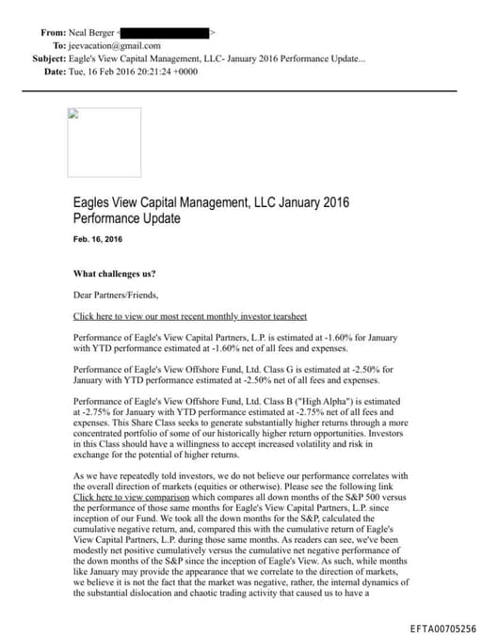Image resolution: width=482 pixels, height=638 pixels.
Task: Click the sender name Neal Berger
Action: coord(92,32)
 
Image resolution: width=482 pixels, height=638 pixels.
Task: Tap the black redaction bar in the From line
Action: coord(166,32)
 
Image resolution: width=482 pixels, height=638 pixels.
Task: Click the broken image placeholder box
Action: coord(104,142)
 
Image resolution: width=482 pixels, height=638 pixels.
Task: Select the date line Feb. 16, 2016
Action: coord(97,240)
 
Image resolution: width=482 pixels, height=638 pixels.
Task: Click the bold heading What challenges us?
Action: coord(115,274)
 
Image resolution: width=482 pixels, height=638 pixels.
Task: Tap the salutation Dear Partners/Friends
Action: coord(112,295)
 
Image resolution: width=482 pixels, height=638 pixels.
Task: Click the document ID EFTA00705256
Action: coord(443,628)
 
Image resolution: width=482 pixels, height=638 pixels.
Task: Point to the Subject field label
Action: coord(48,58)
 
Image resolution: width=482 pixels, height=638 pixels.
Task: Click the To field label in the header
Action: coord(59,45)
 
